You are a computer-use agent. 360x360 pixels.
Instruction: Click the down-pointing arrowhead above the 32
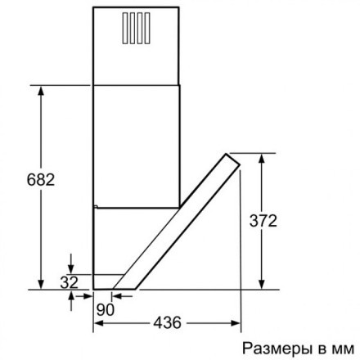click(x=72, y=269)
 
